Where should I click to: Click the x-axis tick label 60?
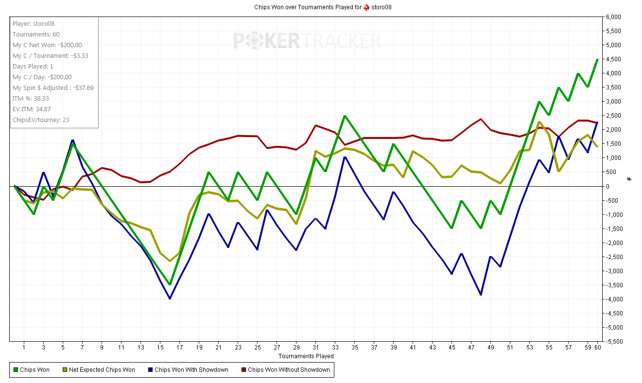point(597,348)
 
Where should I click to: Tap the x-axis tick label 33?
point(335,348)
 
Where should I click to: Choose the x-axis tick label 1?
point(24,348)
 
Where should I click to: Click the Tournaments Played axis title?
point(306,356)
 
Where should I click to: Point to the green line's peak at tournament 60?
point(597,59)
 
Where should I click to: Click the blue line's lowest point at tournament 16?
point(170,298)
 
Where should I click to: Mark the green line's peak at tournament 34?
point(345,116)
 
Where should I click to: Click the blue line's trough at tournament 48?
point(481,295)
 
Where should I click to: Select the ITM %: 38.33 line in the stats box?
point(31,99)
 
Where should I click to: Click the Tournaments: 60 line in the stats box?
point(36,35)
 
